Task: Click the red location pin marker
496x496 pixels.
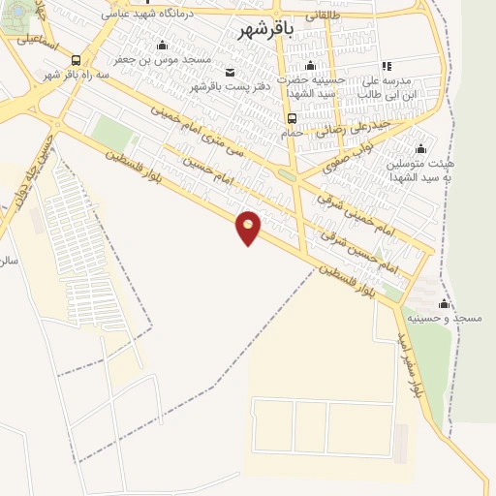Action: tap(248, 227)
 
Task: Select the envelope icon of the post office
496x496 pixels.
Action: tap(229, 72)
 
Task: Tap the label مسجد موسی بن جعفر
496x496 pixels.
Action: tap(161, 60)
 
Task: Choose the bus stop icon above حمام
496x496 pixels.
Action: tap(292, 118)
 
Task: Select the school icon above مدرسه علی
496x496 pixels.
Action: tap(387, 66)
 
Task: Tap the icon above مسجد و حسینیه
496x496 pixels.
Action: tap(444, 303)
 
